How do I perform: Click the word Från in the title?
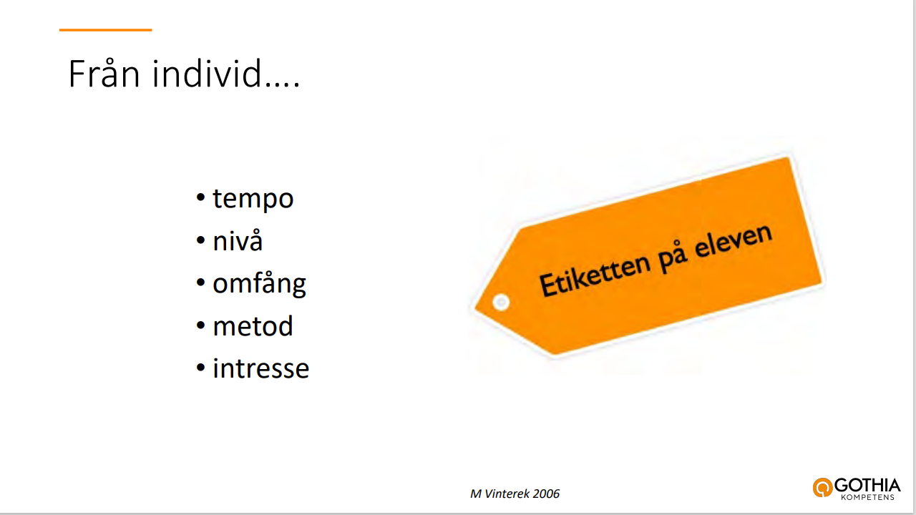click(x=104, y=73)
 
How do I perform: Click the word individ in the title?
click(x=207, y=73)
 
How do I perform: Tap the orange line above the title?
click(x=105, y=30)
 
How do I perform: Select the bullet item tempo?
click(x=253, y=199)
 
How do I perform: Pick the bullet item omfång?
click(x=259, y=284)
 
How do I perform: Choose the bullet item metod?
click(x=253, y=325)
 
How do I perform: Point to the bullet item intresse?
click(x=261, y=368)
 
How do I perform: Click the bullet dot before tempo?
click(x=200, y=197)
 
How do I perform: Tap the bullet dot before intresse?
click(x=200, y=368)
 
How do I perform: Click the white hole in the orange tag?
click(x=501, y=303)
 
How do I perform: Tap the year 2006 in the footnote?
click(x=546, y=494)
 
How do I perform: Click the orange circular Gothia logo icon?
click(x=822, y=487)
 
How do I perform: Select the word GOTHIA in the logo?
click(x=867, y=486)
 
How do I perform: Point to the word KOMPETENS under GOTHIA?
click(x=868, y=497)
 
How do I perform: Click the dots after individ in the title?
click(x=283, y=84)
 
